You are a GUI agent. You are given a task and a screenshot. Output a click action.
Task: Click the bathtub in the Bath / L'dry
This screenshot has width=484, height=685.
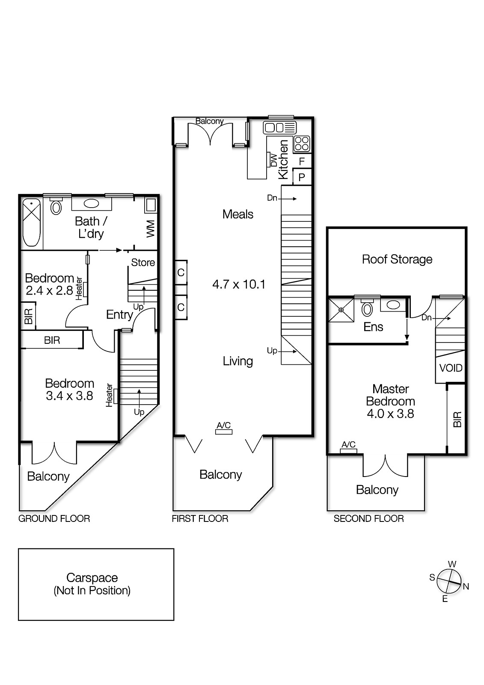pos(31,222)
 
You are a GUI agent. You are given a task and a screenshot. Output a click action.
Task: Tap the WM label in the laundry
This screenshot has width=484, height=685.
pos(150,229)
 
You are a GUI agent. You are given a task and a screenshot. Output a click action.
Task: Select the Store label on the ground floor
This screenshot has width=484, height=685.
pos(143,262)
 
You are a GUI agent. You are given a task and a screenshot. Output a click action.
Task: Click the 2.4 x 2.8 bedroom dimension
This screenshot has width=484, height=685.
pos(49,291)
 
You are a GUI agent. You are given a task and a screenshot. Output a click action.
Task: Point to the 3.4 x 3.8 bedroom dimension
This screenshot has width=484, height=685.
pos(69,396)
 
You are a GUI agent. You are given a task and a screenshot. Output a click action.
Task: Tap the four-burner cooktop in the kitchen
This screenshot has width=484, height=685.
pos(302,144)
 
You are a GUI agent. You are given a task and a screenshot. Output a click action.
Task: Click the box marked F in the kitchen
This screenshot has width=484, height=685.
pos(302,161)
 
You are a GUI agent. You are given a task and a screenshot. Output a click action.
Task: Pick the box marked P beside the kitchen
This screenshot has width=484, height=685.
pos(302,177)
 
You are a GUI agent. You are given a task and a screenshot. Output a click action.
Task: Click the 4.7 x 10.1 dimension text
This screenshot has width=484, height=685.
pos(239,284)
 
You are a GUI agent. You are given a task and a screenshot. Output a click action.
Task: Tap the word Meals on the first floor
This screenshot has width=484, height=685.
pos(238,214)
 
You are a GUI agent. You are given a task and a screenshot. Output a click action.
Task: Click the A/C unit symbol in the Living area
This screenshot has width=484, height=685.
pos(223,432)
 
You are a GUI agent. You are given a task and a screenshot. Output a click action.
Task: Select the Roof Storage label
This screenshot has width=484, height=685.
pos(397,259)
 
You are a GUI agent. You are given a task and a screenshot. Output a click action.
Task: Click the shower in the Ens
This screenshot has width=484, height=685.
pos(341,310)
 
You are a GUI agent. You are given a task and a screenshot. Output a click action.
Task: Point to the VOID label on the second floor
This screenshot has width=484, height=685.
pos(451,368)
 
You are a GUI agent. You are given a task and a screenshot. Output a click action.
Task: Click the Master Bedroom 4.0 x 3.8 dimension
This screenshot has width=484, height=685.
pos(390,414)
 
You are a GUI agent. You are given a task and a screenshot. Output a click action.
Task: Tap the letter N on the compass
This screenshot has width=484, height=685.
pos(466,587)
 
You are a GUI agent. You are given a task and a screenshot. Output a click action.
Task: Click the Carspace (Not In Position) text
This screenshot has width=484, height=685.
pos(92,584)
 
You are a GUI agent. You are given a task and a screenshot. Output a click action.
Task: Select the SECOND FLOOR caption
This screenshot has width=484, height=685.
pos(368,519)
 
